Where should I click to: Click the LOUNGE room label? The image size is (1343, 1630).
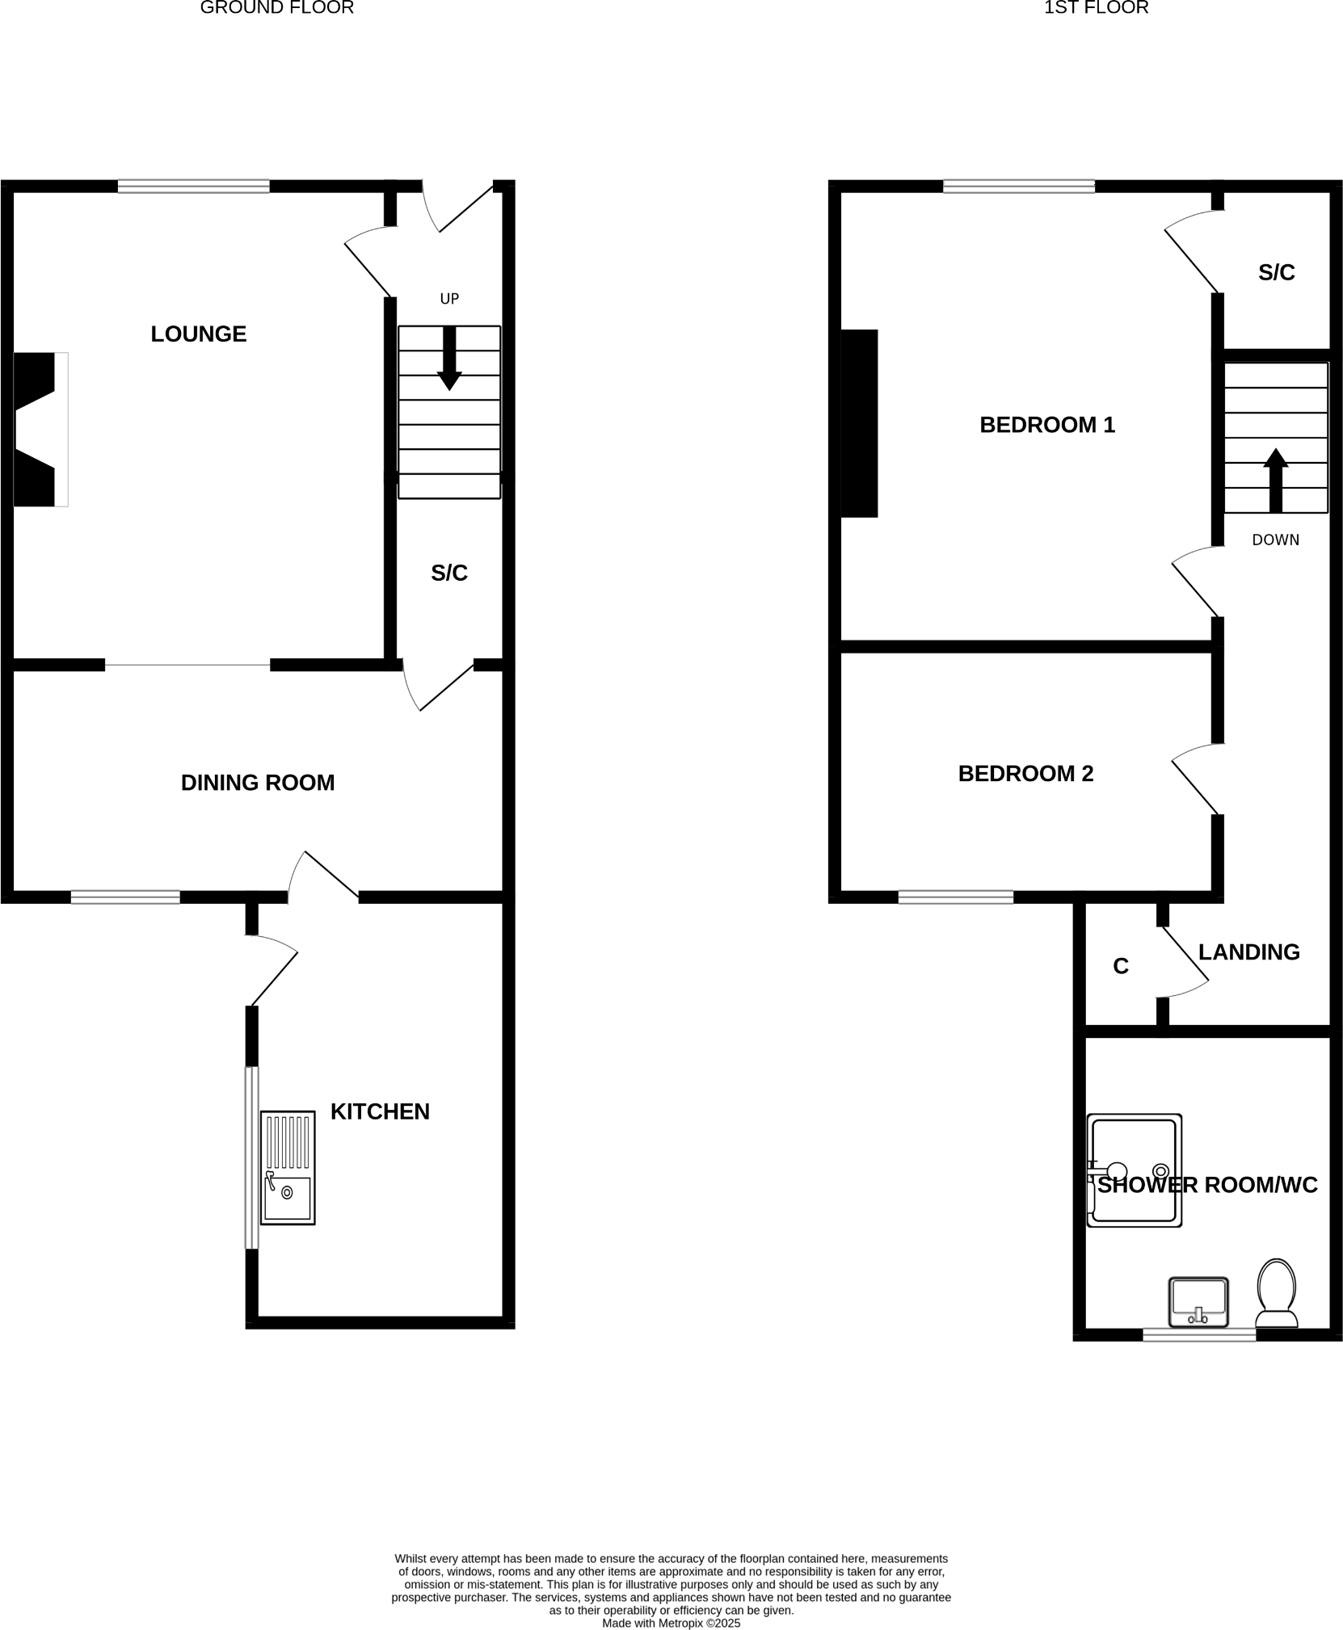tap(198, 334)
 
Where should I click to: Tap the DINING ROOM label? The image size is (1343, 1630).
tap(257, 782)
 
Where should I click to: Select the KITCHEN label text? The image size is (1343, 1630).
tap(380, 1111)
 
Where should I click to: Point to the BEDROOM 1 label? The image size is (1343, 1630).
tap(1047, 425)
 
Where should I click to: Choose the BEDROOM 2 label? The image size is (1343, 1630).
tap(1025, 774)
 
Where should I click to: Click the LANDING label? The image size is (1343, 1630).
tap(1248, 952)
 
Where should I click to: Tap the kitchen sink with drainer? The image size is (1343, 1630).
tap(288, 1167)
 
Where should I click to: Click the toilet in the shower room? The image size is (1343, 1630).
tap(1276, 1292)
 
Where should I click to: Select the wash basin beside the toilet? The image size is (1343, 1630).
tap(1198, 1301)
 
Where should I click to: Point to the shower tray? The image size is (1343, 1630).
tap(1134, 1170)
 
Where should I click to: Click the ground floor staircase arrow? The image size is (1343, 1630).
tap(449, 358)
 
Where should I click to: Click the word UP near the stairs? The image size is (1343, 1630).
tap(449, 299)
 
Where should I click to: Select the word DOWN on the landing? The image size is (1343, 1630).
tap(1275, 540)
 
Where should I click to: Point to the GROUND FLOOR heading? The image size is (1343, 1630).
tap(276, 8)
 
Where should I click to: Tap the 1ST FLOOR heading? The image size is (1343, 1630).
tap(1096, 8)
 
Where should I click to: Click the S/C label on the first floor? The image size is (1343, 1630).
tap(1276, 273)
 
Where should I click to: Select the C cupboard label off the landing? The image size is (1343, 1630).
tap(1120, 966)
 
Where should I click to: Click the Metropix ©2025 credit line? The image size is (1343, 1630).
tap(671, 1623)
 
